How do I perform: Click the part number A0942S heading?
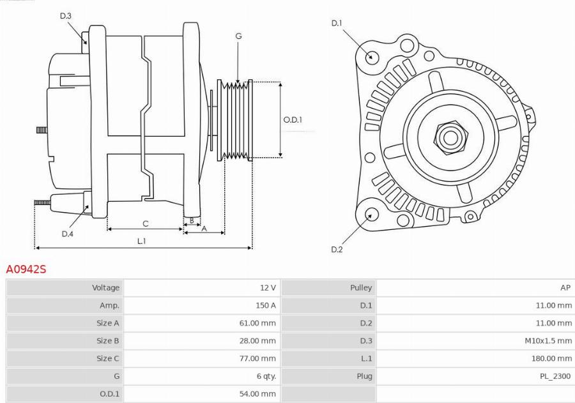click(x=26, y=270)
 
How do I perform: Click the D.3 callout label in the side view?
click(x=66, y=16)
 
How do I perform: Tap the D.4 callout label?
click(x=68, y=234)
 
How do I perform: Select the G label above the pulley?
click(x=238, y=36)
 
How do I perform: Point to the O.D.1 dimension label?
click(x=293, y=119)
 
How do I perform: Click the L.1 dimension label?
click(x=142, y=241)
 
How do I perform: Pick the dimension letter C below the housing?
click(x=146, y=224)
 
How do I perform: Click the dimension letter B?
click(x=190, y=221)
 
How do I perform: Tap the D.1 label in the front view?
click(x=337, y=24)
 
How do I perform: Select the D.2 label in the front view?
click(x=337, y=249)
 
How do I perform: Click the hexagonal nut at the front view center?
click(x=450, y=137)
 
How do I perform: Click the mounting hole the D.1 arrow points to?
click(x=371, y=56)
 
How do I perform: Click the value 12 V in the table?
click(x=268, y=288)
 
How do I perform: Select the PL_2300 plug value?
click(x=555, y=376)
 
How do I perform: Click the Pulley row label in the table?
click(x=361, y=288)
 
